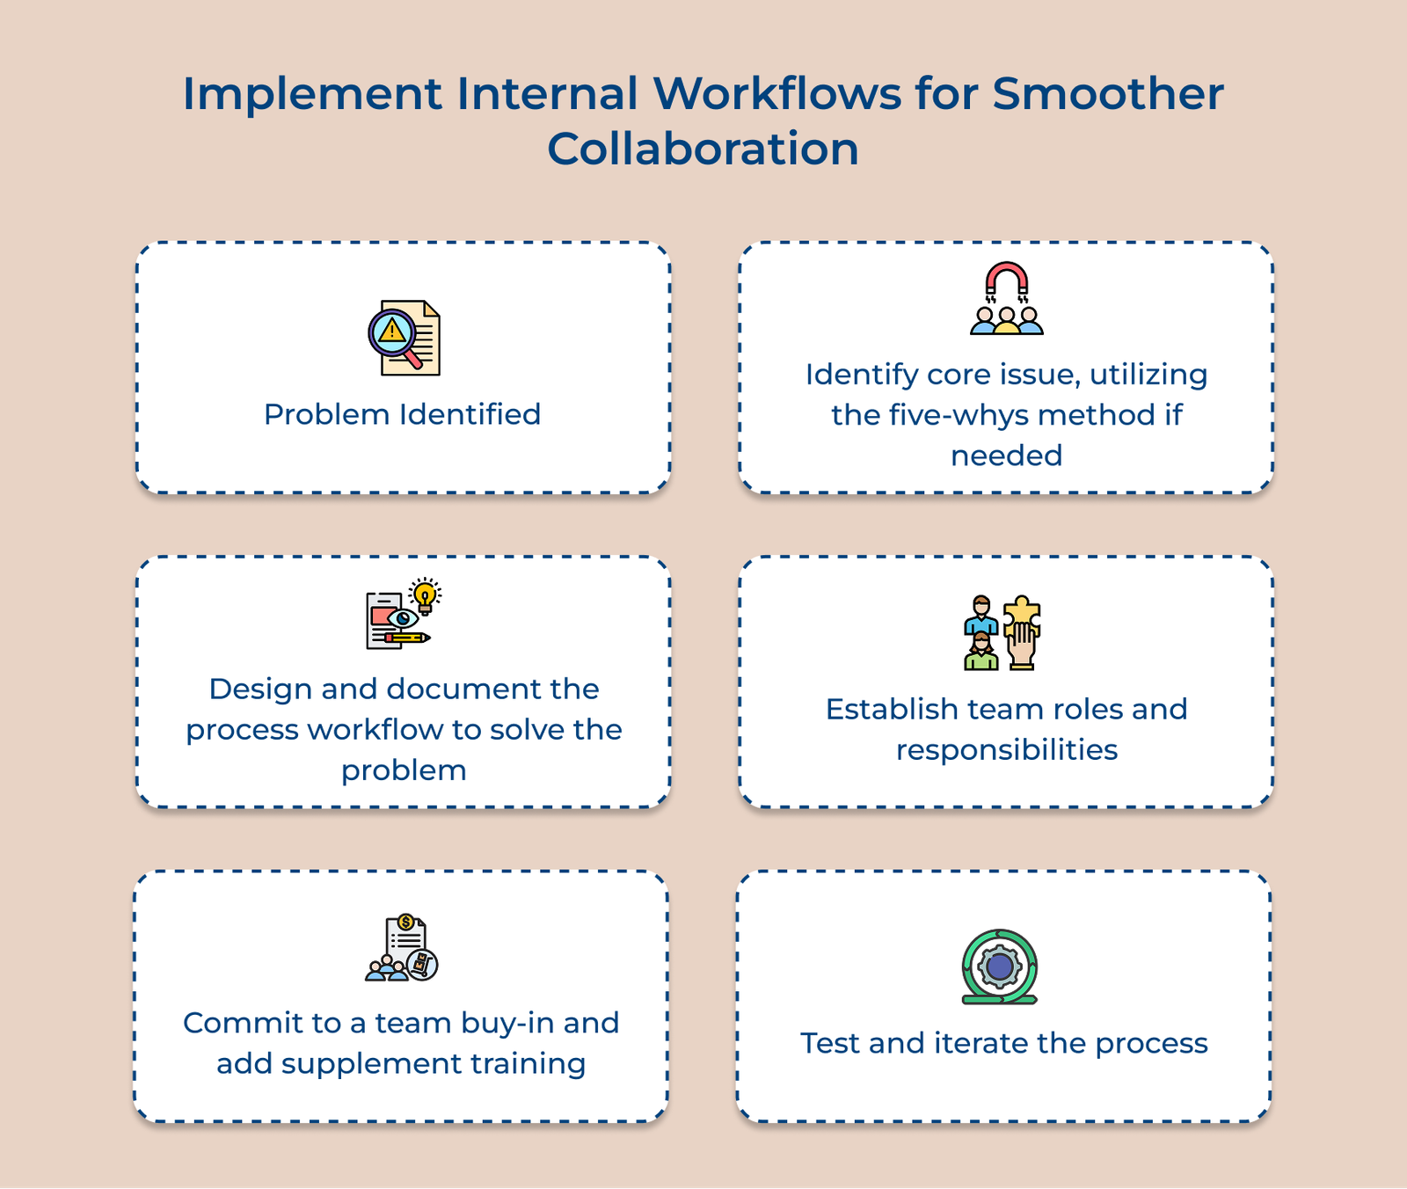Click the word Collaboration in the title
click(703, 149)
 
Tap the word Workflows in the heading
click(776, 93)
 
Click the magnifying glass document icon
click(404, 339)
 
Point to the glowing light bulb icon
click(426, 595)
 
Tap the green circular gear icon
click(1000, 967)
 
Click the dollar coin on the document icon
click(405, 922)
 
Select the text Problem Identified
click(403, 414)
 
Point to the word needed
click(1006, 456)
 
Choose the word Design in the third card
click(260, 689)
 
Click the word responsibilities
click(1007, 750)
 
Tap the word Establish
click(892, 709)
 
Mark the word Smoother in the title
click(1108, 93)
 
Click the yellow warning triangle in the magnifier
click(391, 332)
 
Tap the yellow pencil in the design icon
click(409, 637)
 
